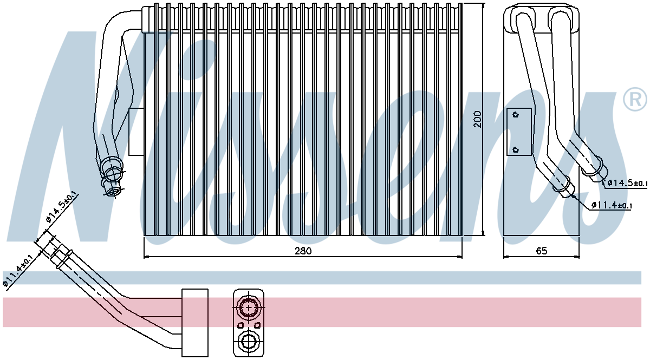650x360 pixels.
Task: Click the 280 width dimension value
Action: [303, 251]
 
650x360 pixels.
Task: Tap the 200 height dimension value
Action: [478, 119]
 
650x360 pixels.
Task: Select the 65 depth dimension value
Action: [542, 251]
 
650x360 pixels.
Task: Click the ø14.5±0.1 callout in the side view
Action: [627, 183]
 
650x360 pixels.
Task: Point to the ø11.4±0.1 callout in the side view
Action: [611, 205]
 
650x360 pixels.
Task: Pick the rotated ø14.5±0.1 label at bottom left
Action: [62, 207]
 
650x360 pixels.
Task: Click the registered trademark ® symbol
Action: [635, 100]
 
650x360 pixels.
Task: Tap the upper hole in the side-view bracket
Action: [516, 115]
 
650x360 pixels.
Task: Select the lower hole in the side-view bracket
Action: [516, 150]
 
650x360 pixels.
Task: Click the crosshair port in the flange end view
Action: [249, 307]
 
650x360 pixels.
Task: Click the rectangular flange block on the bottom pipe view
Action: [194, 323]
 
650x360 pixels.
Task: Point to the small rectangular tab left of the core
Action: [136, 132]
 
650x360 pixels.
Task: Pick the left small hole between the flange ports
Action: [240, 325]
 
